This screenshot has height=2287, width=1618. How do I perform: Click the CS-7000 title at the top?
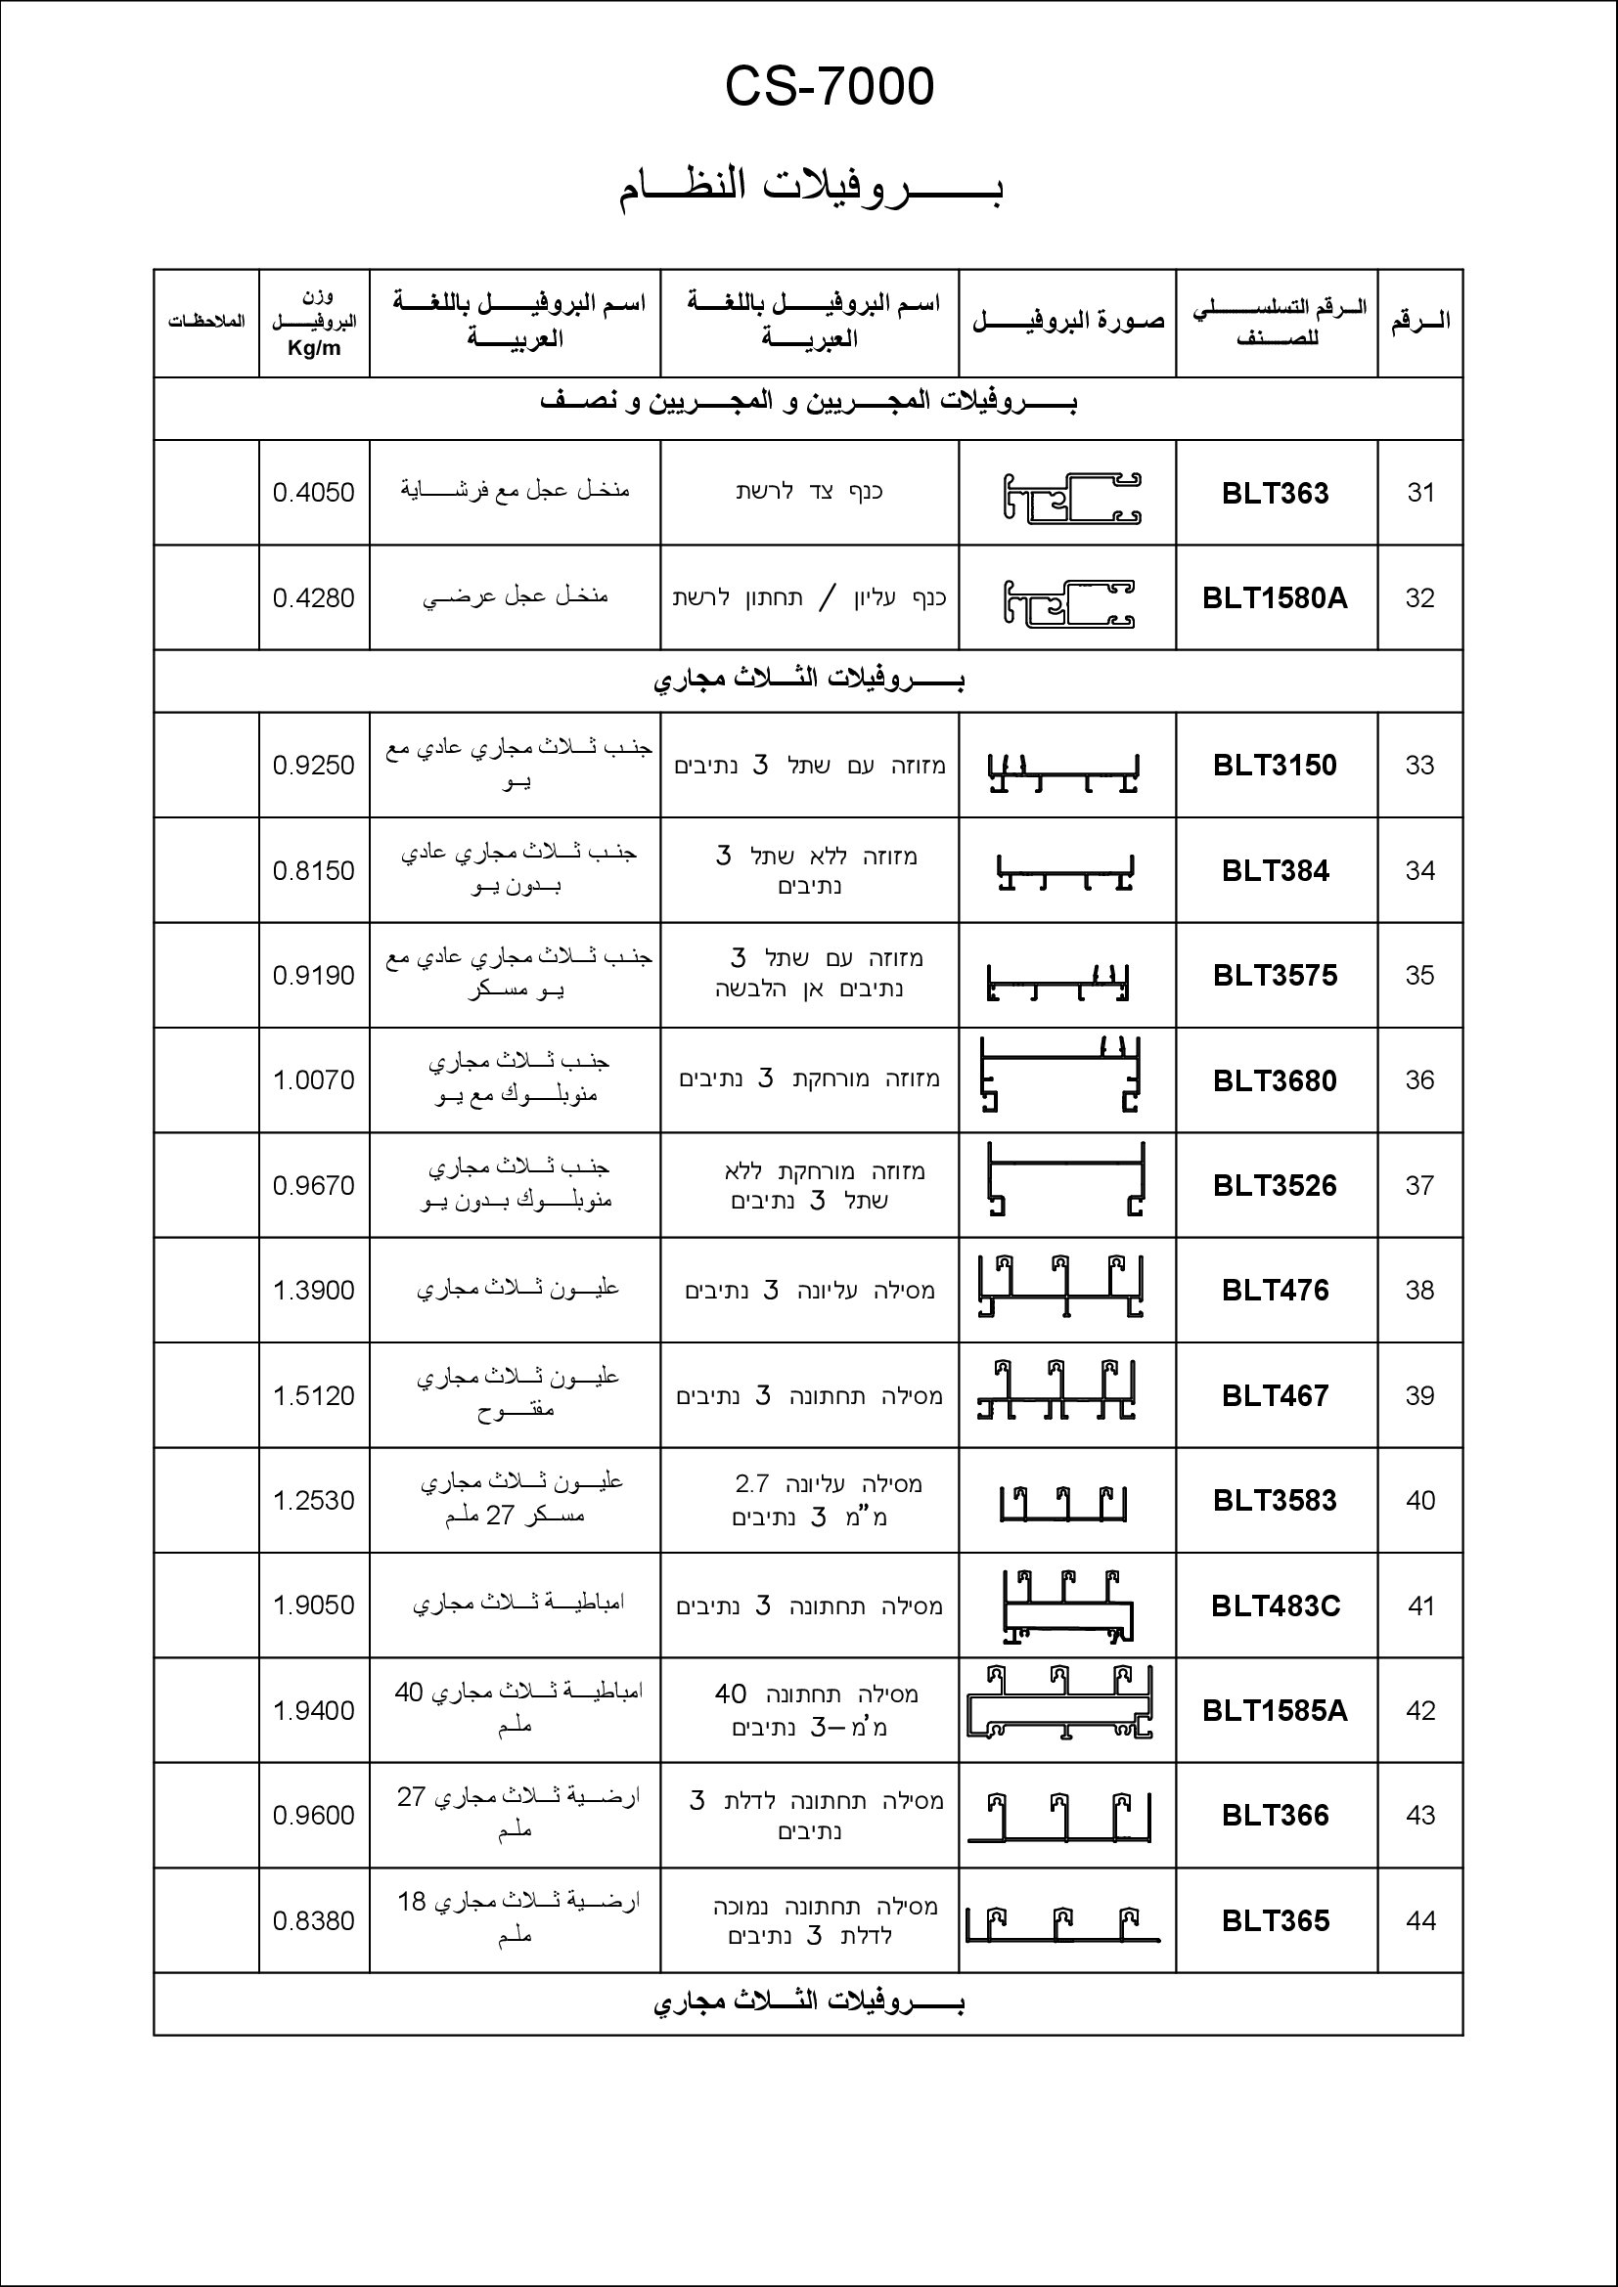click(x=829, y=87)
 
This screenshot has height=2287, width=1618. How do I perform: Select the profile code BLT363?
click(x=1276, y=493)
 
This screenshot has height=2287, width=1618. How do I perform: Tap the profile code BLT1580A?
click(x=1276, y=597)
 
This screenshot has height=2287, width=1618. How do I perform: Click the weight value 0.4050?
click(x=314, y=492)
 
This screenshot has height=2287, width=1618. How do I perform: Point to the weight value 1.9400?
click(x=314, y=1710)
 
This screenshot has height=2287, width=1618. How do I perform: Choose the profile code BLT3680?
click(x=1276, y=1080)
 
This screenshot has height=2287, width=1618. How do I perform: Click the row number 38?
click(x=1419, y=1290)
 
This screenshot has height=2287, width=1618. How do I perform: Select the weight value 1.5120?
click(x=314, y=1395)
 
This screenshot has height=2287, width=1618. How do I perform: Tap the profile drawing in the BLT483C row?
click(x=1068, y=1605)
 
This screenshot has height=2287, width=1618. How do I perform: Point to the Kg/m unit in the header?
click(x=314, y=349)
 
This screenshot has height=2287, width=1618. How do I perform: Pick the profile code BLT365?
click(x=1276, y=1920)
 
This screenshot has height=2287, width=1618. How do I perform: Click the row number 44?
click(x=1419, y=1920)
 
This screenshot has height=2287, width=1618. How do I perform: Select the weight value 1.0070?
click(x=314, y=1079)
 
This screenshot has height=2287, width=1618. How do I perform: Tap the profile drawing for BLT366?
click(x=1062, y=1817)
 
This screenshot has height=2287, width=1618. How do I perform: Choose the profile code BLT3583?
click(x=1276, y=1500)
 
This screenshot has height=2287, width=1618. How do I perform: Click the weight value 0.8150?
click(x=314, y=870)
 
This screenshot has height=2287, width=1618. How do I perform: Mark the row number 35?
click(x=1419, y=975)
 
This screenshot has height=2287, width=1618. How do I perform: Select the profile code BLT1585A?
click(x=1276, y=1710)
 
